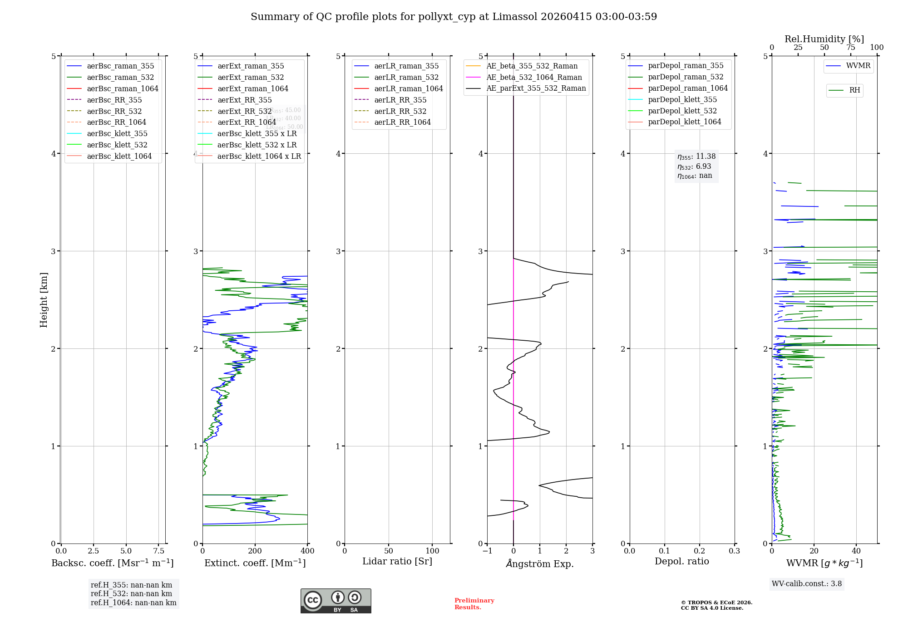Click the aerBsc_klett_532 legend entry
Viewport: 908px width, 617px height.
pos(117,145)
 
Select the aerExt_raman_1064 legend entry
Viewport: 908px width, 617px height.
pos(252,88)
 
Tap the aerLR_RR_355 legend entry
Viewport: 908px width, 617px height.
pos(400,100)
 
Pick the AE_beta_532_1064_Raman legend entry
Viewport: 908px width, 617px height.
pos(534,77)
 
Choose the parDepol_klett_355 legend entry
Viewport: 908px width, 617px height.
pos(682,99)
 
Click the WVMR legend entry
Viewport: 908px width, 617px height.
pos(858,66)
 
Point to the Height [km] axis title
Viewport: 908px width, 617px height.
pos(44,300)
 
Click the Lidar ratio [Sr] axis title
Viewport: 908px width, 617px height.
pos(397,561)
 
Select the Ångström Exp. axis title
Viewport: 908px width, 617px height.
pos(540,563)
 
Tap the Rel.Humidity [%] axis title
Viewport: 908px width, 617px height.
pos(824,39)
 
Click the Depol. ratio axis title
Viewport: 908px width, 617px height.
pos(681,561)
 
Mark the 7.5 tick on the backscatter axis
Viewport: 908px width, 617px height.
pos(158,551)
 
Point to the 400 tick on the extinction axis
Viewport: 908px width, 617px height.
pos(307,551)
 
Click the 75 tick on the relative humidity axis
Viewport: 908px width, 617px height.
pos(850,48)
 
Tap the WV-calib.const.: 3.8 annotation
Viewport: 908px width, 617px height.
pos(807,584)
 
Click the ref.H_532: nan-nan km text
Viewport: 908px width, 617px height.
pos(131,593)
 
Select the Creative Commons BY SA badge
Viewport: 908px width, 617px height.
pos(336,601)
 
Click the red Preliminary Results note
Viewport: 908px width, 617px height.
pos(474,604)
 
